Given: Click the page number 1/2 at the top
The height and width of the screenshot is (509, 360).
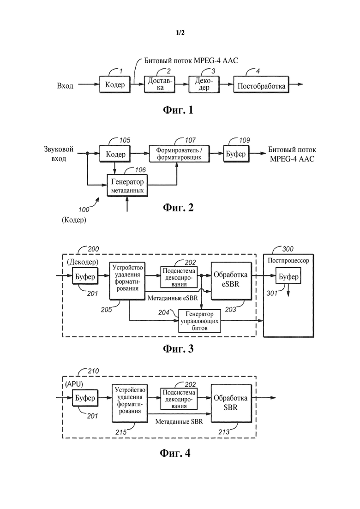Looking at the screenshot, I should click(x=180, y=33).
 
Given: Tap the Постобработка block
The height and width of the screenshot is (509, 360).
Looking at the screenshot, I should click(x=262, y=85).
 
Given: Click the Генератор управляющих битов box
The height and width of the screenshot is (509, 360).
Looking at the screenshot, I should click(x=200, y=320).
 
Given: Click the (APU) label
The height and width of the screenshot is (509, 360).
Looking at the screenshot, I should click(x=72, y=384).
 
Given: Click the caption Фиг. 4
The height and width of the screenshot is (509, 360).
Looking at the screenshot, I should click(x=174, y=453).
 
